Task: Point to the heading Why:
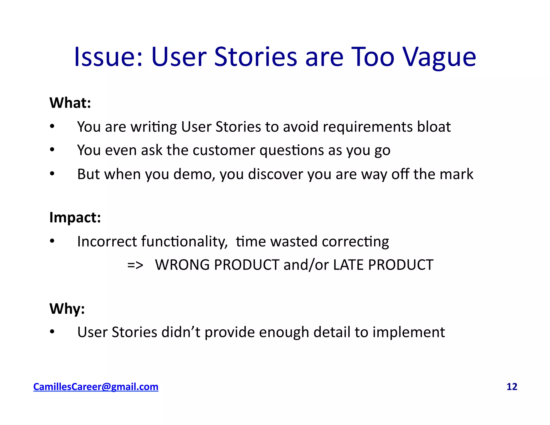coord(67,309)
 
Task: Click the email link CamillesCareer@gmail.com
coord(96,387)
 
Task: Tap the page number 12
coord(512,387)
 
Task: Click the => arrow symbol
coord(135,265)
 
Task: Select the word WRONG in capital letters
coord(182,265)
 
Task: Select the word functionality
coord(184,241)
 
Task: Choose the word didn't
coord(181,332)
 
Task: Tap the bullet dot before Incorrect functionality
coord(52,241)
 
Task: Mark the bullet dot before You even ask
coord(52,150)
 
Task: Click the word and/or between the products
coord(306,265)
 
